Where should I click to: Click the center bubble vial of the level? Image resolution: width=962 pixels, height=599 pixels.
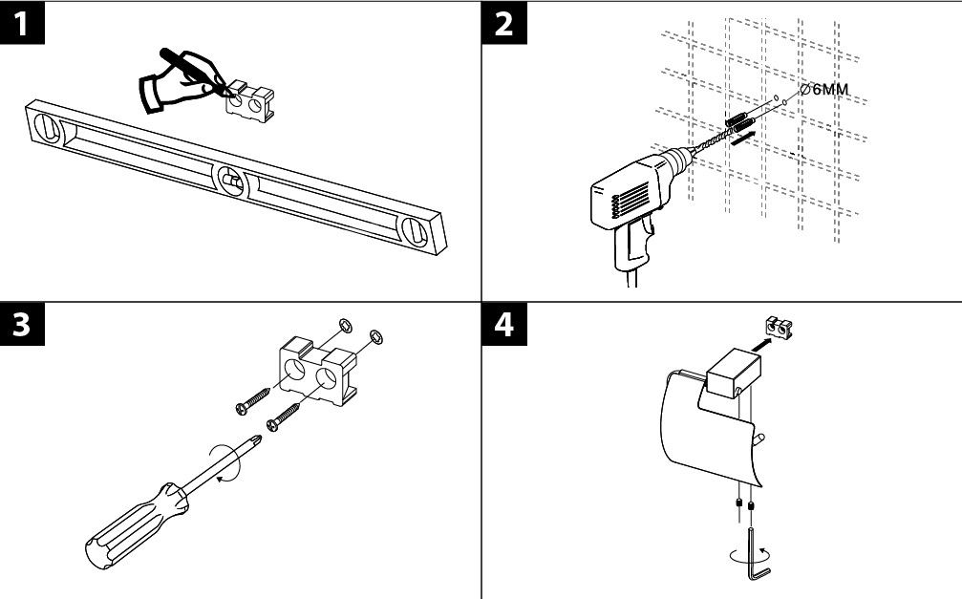click(230, 179)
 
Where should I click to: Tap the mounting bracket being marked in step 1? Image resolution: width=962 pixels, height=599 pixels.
click(251, 100)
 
